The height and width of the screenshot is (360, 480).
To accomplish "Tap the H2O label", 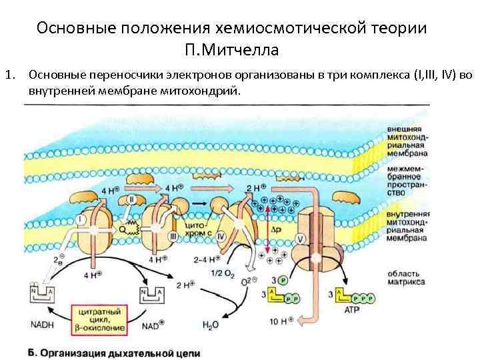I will (x=211, y=325).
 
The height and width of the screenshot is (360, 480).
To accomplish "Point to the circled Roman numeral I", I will (x=81, y=219).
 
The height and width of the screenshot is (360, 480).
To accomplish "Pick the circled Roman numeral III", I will (x=174, y=237).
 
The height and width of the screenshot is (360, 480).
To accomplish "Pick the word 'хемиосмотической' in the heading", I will (x=288, y=29).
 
